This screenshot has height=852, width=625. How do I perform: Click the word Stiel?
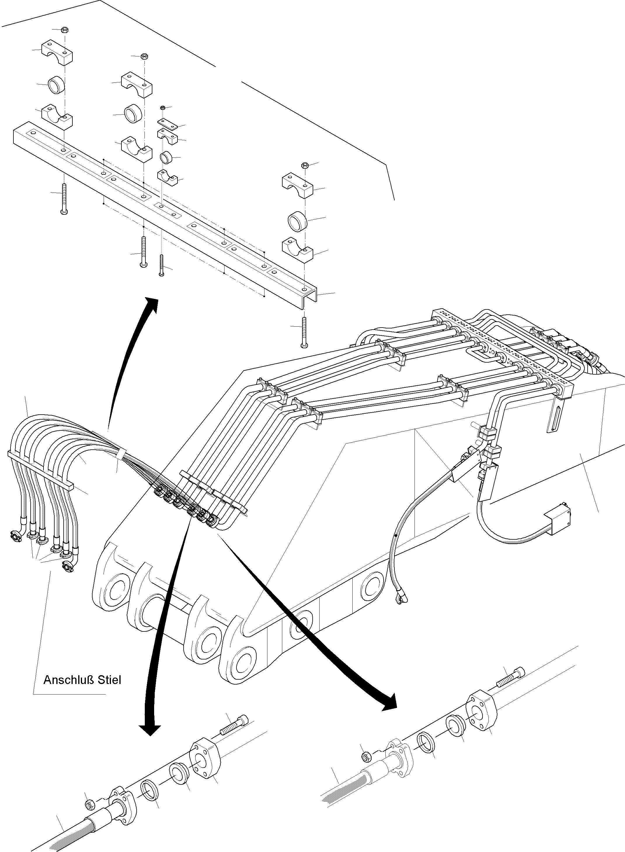[x=109, y=680]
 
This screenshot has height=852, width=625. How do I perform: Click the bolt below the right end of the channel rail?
[x=304, y=332]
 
